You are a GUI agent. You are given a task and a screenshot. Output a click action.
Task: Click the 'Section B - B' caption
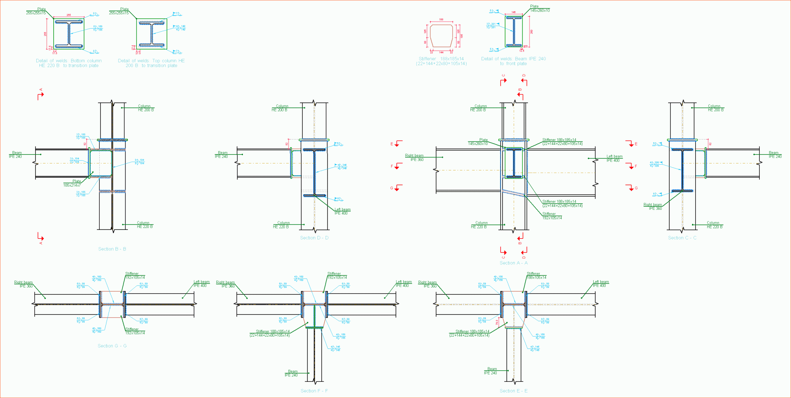[112, 249]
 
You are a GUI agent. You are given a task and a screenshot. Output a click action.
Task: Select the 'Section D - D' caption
[314, 238]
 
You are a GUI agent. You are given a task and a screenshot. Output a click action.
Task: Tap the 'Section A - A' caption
[513, 263]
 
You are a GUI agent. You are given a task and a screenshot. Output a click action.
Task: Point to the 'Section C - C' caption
[682, 238]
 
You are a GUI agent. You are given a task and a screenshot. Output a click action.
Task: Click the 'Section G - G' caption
[112, 346]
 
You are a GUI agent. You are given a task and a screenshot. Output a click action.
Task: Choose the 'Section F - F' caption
[314, 391]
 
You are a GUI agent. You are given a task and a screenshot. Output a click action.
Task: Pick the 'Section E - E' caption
[513, 391]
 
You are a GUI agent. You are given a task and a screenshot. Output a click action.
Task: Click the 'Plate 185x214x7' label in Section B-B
[72, 183]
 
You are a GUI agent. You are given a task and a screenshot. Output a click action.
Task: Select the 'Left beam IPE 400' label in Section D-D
[342, 211]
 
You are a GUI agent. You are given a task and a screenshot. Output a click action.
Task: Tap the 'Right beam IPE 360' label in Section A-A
[415, 158]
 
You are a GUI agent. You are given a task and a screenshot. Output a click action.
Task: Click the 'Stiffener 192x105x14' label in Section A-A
[552, 216]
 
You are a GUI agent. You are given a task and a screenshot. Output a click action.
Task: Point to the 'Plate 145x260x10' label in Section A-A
[478, 142]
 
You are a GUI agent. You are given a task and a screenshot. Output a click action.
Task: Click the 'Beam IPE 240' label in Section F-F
[292, 373]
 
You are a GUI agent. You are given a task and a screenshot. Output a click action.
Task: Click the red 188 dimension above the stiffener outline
[441, 19]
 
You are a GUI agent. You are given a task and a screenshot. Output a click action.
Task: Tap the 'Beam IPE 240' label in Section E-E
[491, 371]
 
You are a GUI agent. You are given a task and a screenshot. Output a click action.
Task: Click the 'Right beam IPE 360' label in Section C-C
[653, 207]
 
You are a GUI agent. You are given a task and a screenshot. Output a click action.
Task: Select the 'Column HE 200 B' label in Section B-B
[146, 108]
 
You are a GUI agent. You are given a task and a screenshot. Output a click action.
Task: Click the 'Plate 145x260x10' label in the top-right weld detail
[540, 9]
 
